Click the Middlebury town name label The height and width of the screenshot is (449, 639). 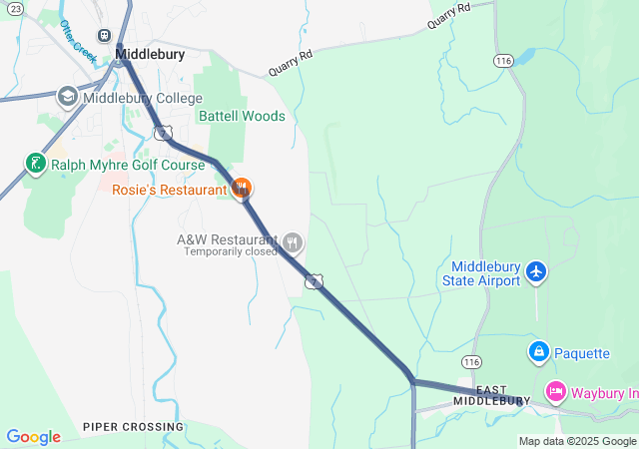click(150, 55)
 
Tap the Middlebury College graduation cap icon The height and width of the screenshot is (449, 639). click(68, 97)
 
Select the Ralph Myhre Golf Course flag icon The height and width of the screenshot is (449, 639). click(36, 163)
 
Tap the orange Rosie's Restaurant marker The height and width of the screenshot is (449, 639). click(241, 188)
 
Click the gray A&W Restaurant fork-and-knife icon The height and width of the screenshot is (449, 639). click(293, 240)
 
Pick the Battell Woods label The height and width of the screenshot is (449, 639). click(242, 116)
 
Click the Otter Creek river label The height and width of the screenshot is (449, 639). click(77, 42)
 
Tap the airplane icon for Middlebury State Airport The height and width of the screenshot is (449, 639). click(537, 270)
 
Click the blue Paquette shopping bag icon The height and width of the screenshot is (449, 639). click(539, 351)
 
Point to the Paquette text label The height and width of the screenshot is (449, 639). click(582, 352)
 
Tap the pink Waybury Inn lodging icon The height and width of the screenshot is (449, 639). click(556, 392)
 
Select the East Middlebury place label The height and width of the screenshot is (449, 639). click(488, 394)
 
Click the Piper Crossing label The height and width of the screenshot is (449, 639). click(134, 427)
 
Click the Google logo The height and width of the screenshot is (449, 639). click(33, 436)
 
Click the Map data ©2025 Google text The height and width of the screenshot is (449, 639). click(576, 441)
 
